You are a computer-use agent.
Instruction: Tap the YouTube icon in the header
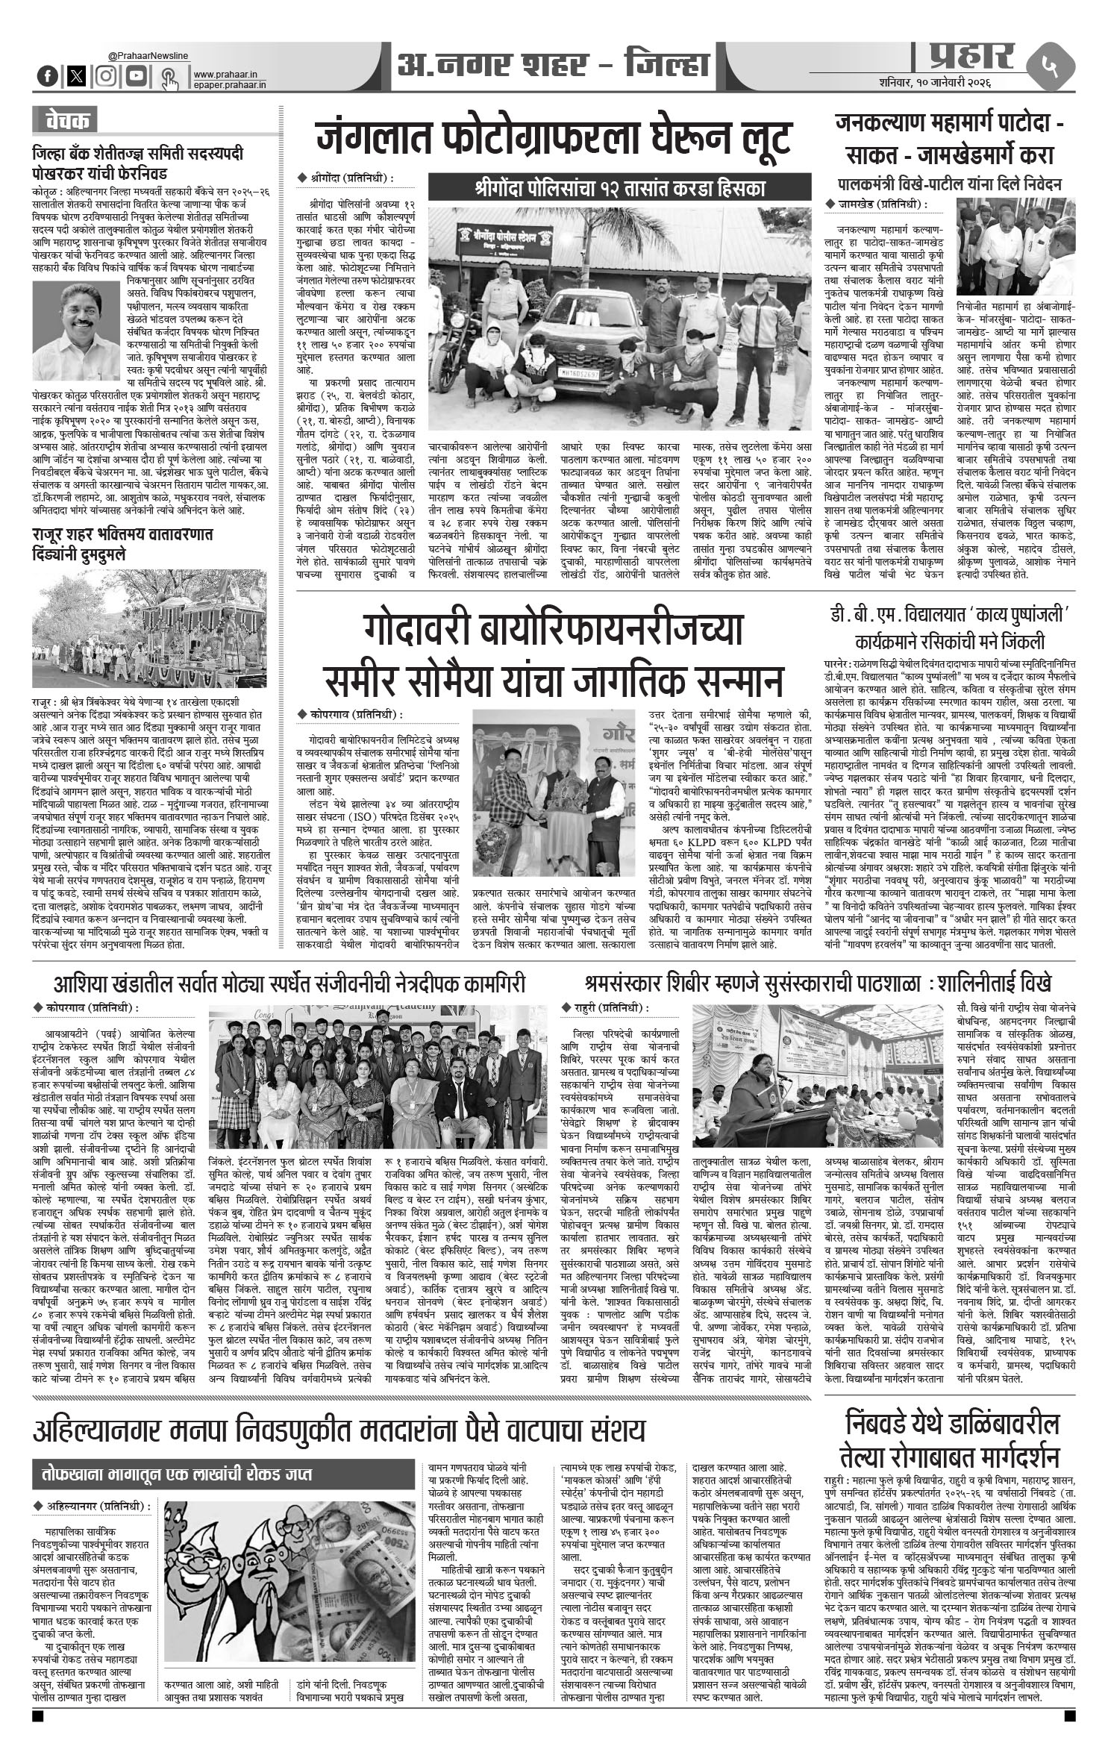click(134, 75)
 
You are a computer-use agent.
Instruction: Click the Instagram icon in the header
click(107, 75)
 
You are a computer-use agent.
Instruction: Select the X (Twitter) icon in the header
click(76, 75)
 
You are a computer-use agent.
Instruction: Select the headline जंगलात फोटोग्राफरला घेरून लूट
click(552, 139)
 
